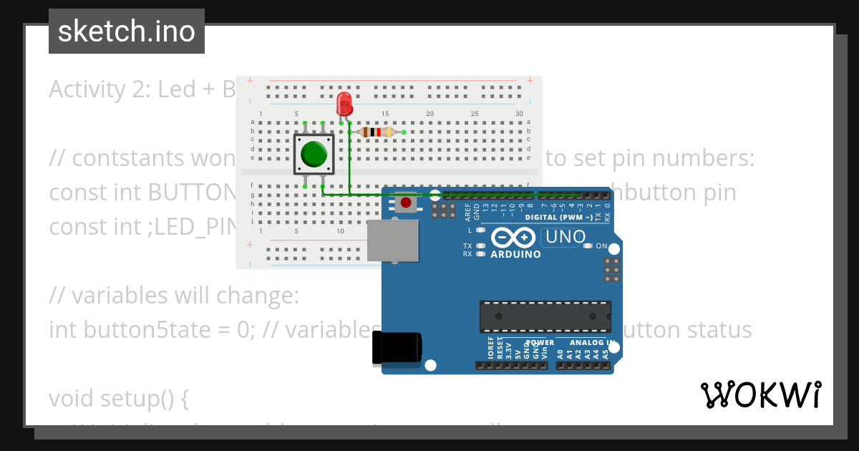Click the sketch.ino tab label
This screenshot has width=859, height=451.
tap(126, 31)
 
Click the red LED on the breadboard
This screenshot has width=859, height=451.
tap(344, 104)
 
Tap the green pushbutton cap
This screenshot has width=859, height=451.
tap(314, 154)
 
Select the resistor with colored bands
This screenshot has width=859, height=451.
tap(377, 132)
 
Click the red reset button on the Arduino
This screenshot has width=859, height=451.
tap(406, 203)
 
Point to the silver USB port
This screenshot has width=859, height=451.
tap(392, 241)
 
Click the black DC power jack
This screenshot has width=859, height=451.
tap(397, 349)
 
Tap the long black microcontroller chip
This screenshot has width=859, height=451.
tap(545, 316)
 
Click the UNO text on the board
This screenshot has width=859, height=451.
tap(566, 237)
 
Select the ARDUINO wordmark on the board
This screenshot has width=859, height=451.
tap(515, 254)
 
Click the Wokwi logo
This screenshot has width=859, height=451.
tap(761, 394)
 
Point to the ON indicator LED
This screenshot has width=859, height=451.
tap(588, 246)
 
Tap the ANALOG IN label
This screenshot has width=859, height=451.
tap(591, 342)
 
